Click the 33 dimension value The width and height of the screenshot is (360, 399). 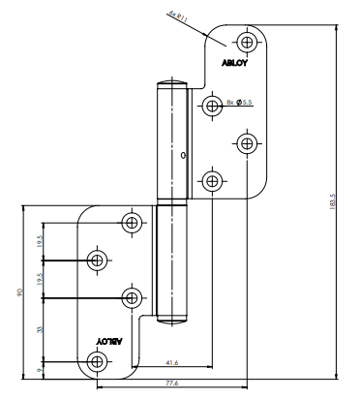pos(40,328)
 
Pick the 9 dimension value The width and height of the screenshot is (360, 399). pos(40,368)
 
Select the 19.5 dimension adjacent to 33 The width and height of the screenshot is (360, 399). pos(40,278)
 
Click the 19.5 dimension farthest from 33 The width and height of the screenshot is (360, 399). pos(40,241)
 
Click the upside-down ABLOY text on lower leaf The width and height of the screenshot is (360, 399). pos(109,341)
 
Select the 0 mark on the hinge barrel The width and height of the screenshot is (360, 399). pos(183,155)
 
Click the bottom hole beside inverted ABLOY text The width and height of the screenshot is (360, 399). pos(97,362)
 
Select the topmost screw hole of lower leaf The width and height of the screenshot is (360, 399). pos(133,222)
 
